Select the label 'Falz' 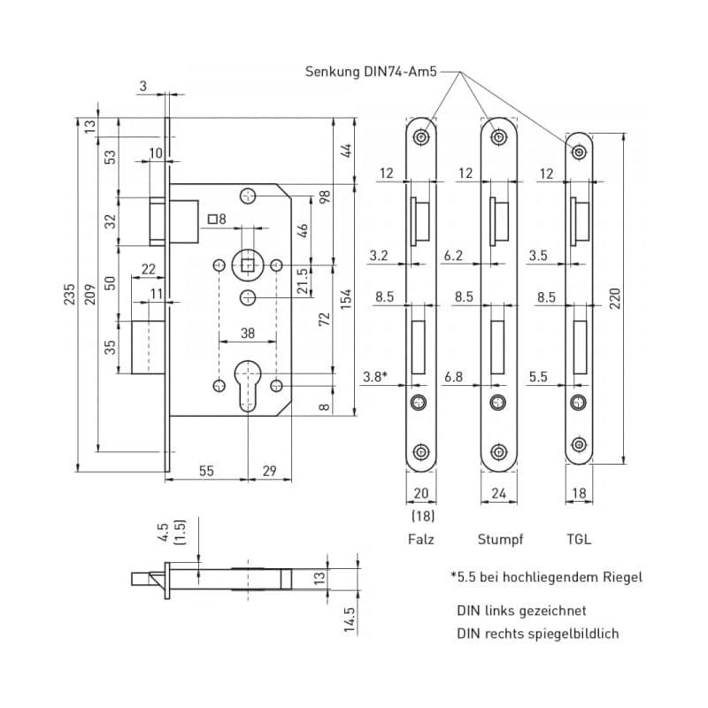point(421,537)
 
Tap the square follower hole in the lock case point(248,264)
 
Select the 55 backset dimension point(205,473)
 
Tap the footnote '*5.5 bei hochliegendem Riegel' point(546,577)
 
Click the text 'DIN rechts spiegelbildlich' point(537,634)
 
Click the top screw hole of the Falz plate point(421,137)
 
